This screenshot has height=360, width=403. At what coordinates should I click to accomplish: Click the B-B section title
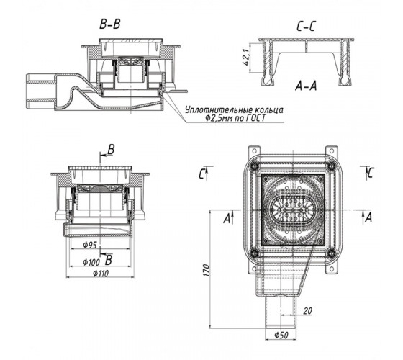[x=109, y=24]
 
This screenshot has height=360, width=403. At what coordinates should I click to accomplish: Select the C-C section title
[x=306, y=26]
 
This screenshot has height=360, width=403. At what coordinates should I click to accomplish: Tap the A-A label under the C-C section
[x=306, y=86]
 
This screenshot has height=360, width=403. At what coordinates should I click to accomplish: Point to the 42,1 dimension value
[x=246, y=57]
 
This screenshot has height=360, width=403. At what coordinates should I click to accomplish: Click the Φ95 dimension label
[x=90, y=245]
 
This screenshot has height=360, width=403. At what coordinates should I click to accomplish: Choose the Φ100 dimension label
[x=91, y=262]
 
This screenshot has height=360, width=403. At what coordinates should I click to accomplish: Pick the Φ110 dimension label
[x=101, y=274]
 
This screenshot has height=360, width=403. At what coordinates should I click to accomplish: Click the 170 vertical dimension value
[x=207, y=270]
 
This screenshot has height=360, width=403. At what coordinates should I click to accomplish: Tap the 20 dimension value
[x=307, y=311]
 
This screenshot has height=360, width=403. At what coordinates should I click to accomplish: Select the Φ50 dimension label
[x=281, y=335]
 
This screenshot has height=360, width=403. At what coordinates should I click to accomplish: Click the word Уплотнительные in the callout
[x=219, y=110]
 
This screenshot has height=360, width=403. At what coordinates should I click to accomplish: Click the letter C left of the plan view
[x=201, y=175]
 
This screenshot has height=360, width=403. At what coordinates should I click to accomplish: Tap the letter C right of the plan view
[x=371, y=172]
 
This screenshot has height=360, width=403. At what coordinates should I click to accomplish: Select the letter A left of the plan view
[x=227, y=219]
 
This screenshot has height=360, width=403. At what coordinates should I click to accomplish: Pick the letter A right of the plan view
[x=368, y=217]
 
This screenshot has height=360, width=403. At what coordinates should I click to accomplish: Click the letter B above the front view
[x=111, y=150]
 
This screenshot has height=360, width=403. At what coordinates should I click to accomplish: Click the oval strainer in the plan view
[x=292, y=210]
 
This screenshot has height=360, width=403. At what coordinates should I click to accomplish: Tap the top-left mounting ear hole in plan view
[x=254, y=151]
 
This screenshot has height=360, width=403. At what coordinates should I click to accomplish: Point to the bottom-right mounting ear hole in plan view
[x=332, y=269]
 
